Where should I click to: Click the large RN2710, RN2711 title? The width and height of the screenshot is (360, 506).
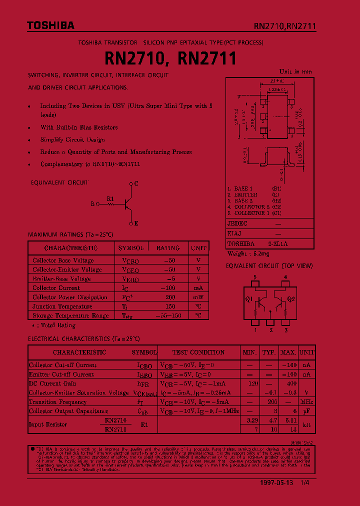(x=170, y=59)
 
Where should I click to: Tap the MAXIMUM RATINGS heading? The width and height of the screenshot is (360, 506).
(x=70, y=234)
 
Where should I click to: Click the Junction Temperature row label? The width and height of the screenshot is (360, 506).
(x=62, y=306)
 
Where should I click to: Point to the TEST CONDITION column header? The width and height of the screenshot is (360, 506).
(x=198, y=352)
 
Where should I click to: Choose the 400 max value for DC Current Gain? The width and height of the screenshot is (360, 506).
(x=290, y=383)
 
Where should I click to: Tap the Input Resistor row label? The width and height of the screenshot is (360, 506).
(x=48, y=424)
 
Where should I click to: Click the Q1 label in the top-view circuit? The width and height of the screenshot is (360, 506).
(x=248, y=299)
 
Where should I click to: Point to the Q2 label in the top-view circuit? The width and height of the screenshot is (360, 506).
(x=291, y=299)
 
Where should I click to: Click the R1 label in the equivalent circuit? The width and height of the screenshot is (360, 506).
(x=110, y=198)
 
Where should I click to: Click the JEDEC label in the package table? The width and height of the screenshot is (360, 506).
(x=237, y=224)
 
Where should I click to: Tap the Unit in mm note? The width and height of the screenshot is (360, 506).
(x=295, y=71)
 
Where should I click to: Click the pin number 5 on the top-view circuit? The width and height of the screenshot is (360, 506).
(x=255, y=277)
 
